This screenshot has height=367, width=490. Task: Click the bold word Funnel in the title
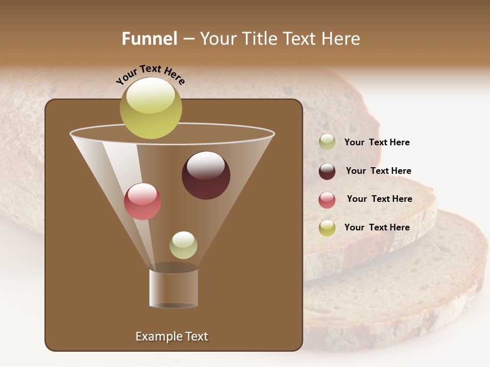[x=149, y=39]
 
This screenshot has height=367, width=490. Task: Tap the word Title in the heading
[x=261, y=39]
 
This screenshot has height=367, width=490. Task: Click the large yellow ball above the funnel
[x=151, y=108]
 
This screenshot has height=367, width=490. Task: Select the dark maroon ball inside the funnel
[x=206, y=175]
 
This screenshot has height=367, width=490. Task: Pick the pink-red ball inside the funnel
[x=142, y=201]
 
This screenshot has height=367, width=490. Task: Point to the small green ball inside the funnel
[x=183, y=245]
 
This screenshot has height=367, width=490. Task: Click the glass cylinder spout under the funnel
[x=174, y=289]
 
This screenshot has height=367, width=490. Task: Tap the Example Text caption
[x=171, y=336]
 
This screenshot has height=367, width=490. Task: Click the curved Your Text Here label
[x=150, y=74]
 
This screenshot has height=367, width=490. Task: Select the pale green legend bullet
[x=327, y=142]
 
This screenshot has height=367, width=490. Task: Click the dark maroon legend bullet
[x=327, y=171]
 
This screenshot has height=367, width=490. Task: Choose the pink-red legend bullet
[x=327, y=200]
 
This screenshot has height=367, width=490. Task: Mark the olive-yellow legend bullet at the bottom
[x=327, y=228]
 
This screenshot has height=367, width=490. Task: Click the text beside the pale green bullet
[x=377, y=142]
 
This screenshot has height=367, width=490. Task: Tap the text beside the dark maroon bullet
[x=378, y=171]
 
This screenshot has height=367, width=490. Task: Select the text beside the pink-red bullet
[x=379, y=199]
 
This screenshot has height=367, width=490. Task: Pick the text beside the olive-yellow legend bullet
[x=377, y=227]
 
